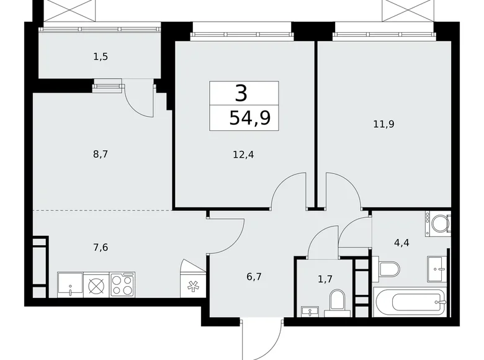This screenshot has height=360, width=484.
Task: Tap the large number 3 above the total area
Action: tap(241, 93)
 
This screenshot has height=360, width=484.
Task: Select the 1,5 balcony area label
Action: tap(101, 56)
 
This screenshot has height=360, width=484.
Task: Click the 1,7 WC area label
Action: tap(324, 279)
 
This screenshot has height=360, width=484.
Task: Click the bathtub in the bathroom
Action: tap(411, 302)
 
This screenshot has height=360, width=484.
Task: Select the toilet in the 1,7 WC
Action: tap(337, 302)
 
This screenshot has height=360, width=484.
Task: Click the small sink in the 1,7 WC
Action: tap(308, 310)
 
